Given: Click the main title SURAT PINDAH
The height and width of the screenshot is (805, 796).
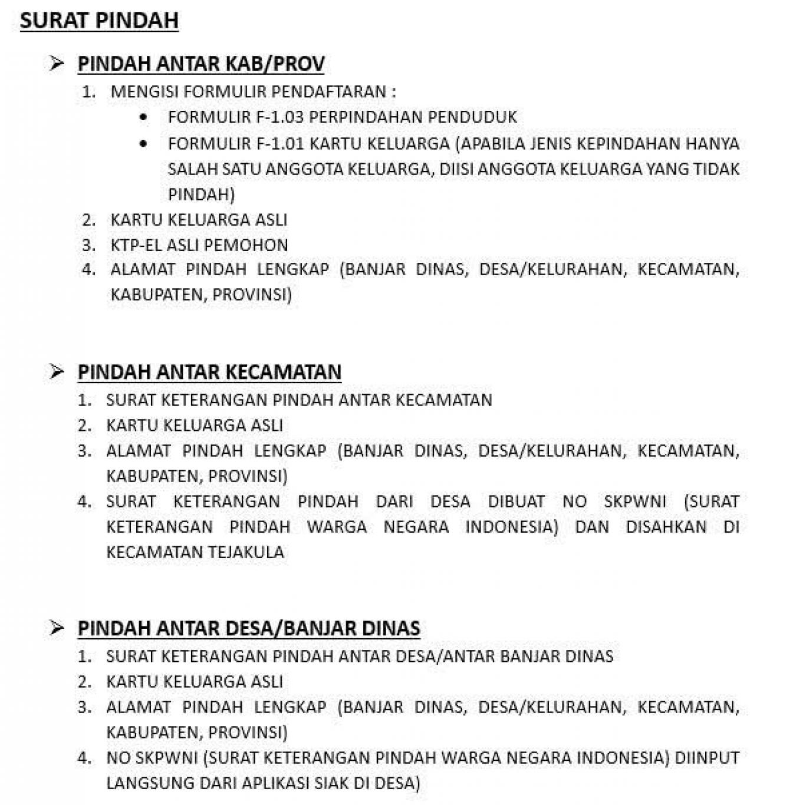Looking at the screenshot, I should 99,21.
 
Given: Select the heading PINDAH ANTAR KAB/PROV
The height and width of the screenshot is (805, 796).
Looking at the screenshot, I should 201,64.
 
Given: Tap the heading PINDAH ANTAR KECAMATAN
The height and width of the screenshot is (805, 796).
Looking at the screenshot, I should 209,372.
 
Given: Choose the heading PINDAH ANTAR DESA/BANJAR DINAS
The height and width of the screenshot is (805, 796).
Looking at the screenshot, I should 249,628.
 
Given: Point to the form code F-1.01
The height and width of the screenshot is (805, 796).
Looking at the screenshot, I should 280,143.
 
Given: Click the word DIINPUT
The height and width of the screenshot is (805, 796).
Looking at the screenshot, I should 707,758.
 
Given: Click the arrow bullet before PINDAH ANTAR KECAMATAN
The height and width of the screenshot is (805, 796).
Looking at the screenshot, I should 57,371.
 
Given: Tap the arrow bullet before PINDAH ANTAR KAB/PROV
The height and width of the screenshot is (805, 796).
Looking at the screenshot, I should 57,63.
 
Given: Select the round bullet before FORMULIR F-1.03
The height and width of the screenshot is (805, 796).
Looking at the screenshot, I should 143,117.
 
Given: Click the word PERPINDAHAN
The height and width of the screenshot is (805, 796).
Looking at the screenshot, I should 366,117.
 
